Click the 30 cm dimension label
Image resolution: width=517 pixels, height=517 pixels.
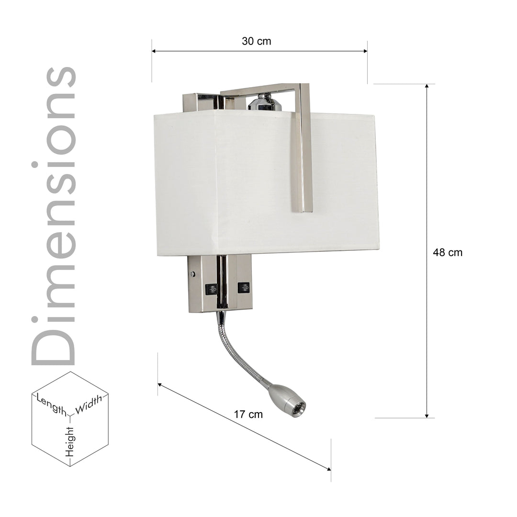pyautogui.click(x=256, y=41)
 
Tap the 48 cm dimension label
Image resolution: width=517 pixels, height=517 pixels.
pyautogui.click(x=448, y=253)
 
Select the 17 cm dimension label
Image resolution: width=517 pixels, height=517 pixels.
pyautogui.click(x=248, y=415)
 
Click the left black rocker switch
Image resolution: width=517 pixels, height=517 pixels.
pyautogui.click(x=211, y=289)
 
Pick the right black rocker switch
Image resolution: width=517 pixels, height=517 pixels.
pyautogui.click(x=244, y=288)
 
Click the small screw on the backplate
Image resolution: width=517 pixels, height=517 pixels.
pyautogui.click(x=193, y=274)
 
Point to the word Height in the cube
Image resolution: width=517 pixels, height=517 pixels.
pyautogui.click(x=70, y=441)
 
